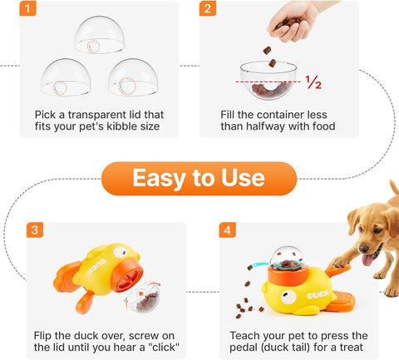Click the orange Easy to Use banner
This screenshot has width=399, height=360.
[x=199, y=178]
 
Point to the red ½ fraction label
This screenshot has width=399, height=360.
[x=313, y=83]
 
